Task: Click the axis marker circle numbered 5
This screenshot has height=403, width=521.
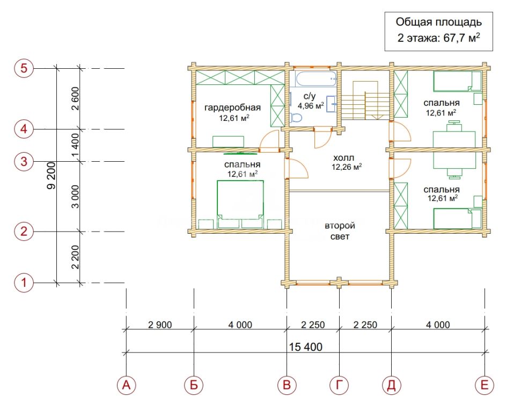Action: (x=24, y=68)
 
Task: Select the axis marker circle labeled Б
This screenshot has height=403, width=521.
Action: (x=194, y=385)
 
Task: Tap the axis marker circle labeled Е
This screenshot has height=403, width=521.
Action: (x=485, y=385)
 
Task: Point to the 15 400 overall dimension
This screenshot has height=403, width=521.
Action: (x=306, y=347)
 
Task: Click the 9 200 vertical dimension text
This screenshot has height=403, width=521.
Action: (x=52, y=176)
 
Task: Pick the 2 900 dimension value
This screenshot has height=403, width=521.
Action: (x=160, y=325)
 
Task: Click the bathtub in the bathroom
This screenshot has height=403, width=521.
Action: (x=316, y=79)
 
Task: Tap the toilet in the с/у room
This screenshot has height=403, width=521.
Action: (x=296, y=118)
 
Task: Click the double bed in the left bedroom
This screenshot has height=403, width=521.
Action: (x=240, y=204)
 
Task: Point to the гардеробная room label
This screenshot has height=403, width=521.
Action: (x=232, y=107)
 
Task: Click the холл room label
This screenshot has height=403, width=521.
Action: (x=343, y=157)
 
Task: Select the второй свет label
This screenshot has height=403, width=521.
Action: (x=340, y=231)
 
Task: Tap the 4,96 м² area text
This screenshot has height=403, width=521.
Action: (x=311, y=106)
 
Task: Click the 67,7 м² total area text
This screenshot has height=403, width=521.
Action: (x=462, y=38)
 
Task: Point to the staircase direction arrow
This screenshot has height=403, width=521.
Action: (x=377, y=116)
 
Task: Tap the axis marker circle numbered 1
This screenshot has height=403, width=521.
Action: (x=24, y=283)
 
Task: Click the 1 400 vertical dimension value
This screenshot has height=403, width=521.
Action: (x=76, y=146)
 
